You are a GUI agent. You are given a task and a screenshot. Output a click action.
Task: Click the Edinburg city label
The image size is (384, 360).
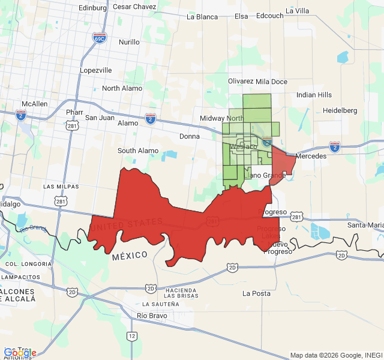tap(92, 7)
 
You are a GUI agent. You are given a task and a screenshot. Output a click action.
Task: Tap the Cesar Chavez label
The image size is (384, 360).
tap(134, 7)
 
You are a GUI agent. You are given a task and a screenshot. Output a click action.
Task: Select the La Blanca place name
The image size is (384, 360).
tap(202, 17)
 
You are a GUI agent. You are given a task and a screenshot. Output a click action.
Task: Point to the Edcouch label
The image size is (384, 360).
tap(269, 16)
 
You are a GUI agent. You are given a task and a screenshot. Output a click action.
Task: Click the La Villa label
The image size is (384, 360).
tap(297, 11)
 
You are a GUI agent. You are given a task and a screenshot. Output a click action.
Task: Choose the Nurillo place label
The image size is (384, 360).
tap(129, 42)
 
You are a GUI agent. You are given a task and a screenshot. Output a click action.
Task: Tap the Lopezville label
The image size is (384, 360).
tap(96, 70)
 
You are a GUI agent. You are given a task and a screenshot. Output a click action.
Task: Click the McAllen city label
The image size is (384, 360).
tap(34, 104)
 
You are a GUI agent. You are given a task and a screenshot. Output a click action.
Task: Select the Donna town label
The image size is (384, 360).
tap(190, 136)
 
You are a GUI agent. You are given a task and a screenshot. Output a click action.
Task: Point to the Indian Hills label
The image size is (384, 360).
tap(314, 95)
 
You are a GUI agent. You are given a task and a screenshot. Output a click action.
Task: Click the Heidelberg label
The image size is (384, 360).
tap(340, 110)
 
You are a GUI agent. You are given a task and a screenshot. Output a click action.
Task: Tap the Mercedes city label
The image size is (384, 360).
tap(311, 156)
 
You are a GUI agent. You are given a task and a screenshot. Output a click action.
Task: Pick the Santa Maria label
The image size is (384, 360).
tap(365, 225)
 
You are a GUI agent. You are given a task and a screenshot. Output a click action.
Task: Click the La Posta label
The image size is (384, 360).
tap(257, 293)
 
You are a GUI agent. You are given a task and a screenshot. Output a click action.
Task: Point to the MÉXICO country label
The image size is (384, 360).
tap(130, 255)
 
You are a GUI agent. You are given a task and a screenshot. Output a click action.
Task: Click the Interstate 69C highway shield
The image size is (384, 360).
tap(100, 38)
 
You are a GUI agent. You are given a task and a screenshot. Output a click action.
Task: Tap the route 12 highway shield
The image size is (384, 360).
tap(131, 337)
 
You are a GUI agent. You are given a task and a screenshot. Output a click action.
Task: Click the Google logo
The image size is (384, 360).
tap(20, 353)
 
